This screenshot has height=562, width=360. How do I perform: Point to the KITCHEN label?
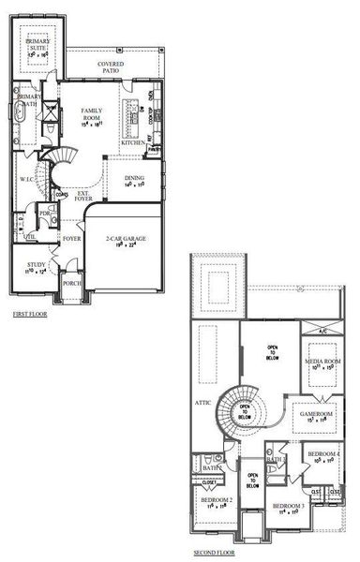(x=134, y=142)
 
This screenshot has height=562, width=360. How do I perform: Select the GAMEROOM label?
(x=316, y=414)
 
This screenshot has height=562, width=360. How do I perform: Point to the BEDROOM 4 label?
(x=323, y=457)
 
